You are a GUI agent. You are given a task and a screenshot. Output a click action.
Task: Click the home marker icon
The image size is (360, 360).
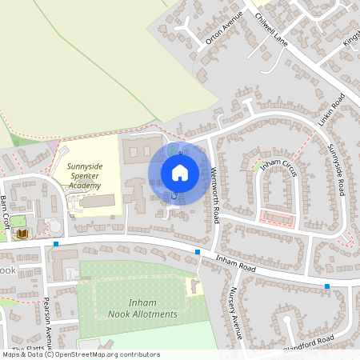click(180, 173)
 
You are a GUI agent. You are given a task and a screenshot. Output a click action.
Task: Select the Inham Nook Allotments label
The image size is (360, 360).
click(142, 308)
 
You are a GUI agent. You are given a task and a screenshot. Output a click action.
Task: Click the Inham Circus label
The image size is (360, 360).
click(280, 168)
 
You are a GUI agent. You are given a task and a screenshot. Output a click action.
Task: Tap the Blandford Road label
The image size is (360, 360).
click(308, 345)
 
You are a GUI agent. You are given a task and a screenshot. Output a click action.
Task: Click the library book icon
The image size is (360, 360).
click(23, 233)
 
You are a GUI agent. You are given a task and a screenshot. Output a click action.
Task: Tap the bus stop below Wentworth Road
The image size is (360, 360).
click(198, 252)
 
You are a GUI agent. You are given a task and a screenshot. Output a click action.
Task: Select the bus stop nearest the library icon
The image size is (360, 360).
click(56, 243)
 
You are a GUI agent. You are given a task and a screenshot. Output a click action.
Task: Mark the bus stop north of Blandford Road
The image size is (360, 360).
click(327, 286)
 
